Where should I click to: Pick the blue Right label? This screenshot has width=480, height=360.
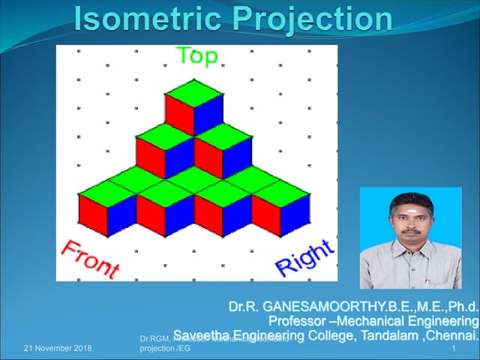pyautogui.click(x=304, y=254)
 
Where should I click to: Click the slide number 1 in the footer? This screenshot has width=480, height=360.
pyautogui.click(x=454, y=349)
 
